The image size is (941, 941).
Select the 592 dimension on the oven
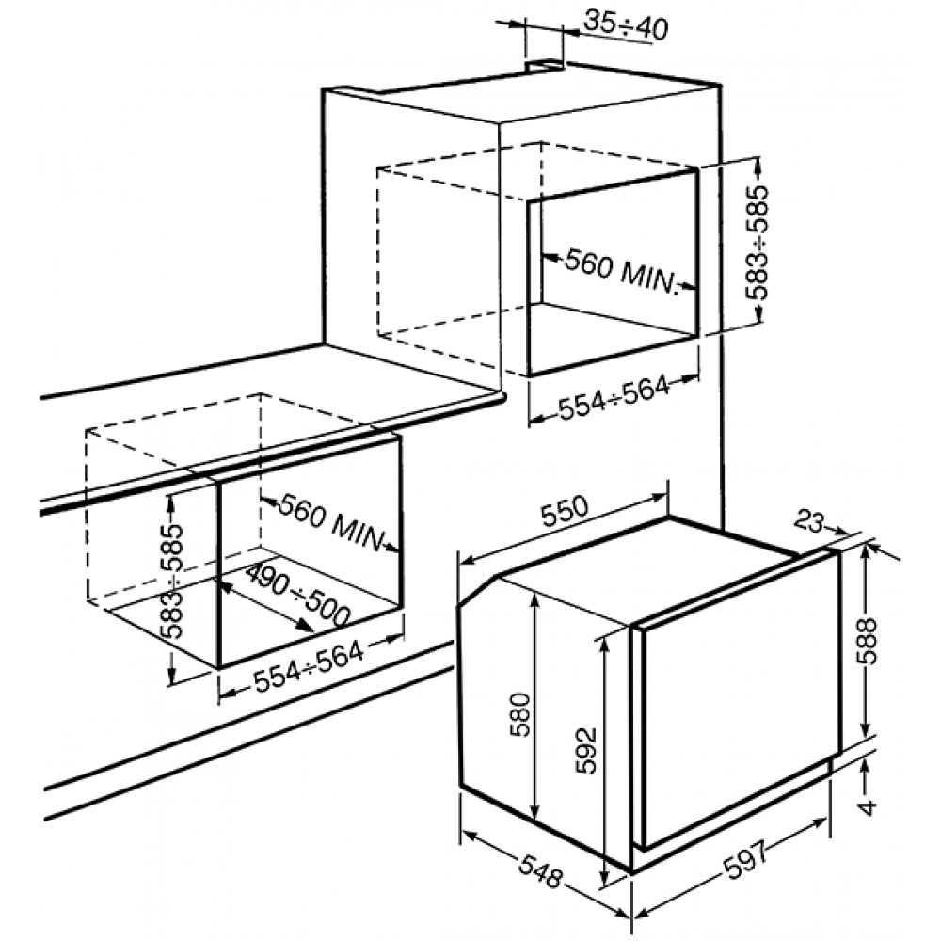(x=585, y=749)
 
